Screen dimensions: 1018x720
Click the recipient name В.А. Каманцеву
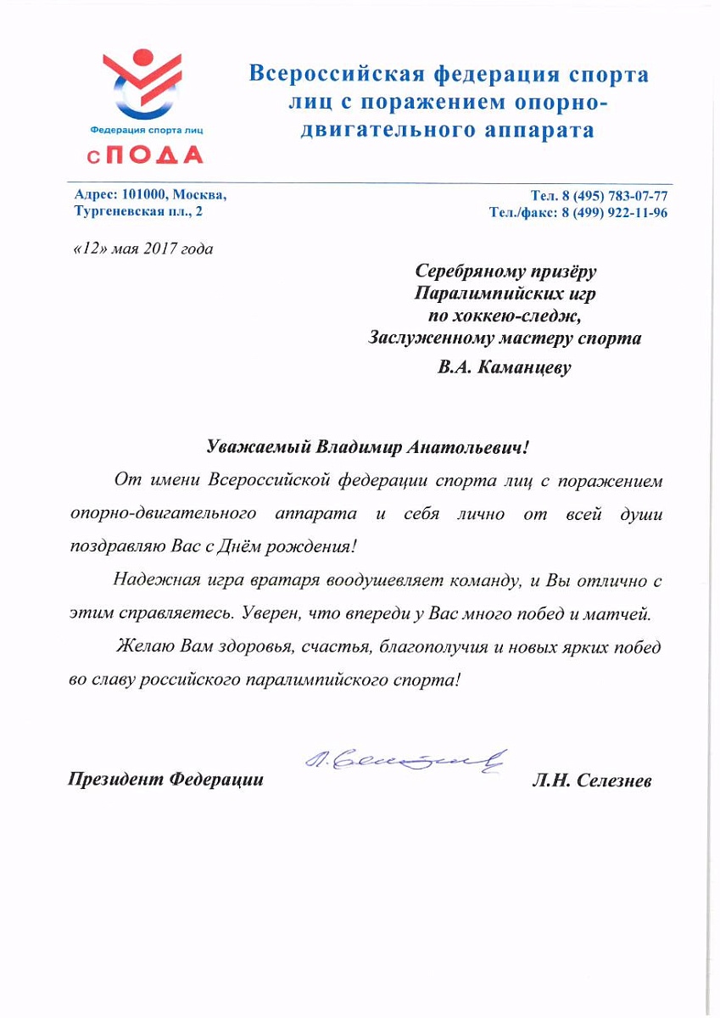coord(505,368)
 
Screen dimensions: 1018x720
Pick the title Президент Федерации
coord(166,779)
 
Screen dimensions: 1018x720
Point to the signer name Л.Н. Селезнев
coord(591,780)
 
